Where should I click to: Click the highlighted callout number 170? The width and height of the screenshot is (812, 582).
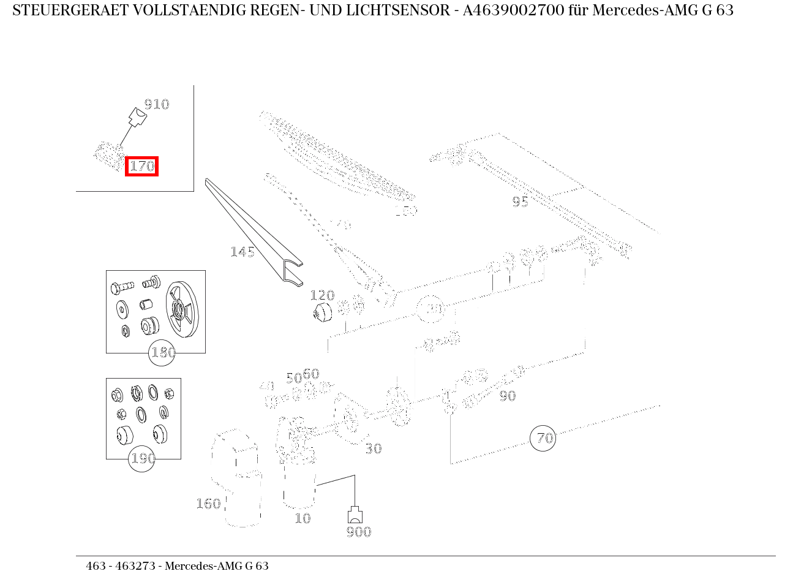(x=141, y=166)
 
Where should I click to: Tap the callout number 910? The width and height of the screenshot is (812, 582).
(x=156, y=104)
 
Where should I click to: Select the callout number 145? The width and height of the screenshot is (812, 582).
(x=242, y=252)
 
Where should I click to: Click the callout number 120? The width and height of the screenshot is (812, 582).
(x=322, y=295)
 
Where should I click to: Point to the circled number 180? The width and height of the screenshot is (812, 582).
(x=163, y=353)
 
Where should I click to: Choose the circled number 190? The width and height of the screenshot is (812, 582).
(x=142, y=458)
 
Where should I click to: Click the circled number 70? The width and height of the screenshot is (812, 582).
(x=543, y=438)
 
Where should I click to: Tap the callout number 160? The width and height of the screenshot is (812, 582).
(x=208, y=504)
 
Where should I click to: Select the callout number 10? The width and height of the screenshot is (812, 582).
(x=303, y=518)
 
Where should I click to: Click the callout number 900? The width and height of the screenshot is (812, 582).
(x=358, y=532)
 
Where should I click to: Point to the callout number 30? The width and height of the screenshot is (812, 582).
(x=374, y=449)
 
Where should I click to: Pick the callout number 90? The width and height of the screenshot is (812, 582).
(x=507, y=396)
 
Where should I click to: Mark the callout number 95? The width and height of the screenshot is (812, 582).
(x=520, y=202)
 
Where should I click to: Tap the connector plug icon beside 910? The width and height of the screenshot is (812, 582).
(x=137, y=116)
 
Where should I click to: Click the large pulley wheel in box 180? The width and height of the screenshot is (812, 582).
(x=183, y=310)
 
